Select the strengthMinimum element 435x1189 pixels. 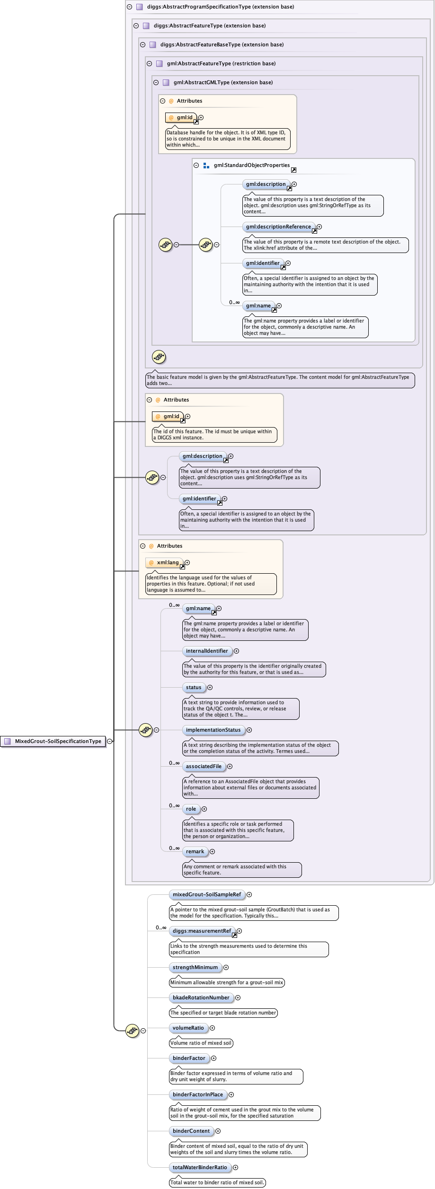pyautogui.click(x=195, y=967)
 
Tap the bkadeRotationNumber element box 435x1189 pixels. pyautogui.click(x=201, y=997)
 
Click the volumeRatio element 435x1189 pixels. pyautogui.click(x=188, y=1028)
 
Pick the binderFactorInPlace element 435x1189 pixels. pyautogui.click(x=197, y=1094)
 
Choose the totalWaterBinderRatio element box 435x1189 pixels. pyautogui.click(x=200, y=1167)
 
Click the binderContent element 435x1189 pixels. pyautogui.click(x=191, y=1131)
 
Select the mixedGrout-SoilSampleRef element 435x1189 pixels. pyautogui.click(x=206, y=894)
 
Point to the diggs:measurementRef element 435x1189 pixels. pyautogui.click(x=202, y=931)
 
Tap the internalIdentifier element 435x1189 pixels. pyautogui.click(x=207, y=651)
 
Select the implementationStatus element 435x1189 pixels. pyautogui.click(x=213, y=730)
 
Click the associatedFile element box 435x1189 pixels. pyautogui.click(x=204, y=766)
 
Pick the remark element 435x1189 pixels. pyautogui.click(x=195, y=851)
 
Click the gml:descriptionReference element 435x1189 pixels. pyautogui.click(x=278, y=227)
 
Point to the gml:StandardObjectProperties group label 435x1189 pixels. pyautogui.click(x=251, y=165)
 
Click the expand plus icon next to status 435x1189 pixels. pyautogui.click(x=210, y=687)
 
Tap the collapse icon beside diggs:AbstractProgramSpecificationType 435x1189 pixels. pyautogui.click(x=129, y=7)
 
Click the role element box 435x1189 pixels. pyautogui.click(x=191, y=809)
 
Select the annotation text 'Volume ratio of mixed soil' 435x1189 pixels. pyautogui.click(x=201, y=1043)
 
